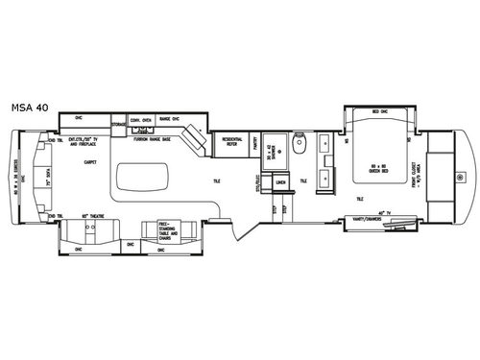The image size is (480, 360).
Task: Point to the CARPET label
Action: (x=91, y=162)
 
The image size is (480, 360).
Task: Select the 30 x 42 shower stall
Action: (x=272, y=150)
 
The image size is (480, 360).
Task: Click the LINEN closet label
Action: (x=281, y=181)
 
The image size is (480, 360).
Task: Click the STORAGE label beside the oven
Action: (x=119, y=124)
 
